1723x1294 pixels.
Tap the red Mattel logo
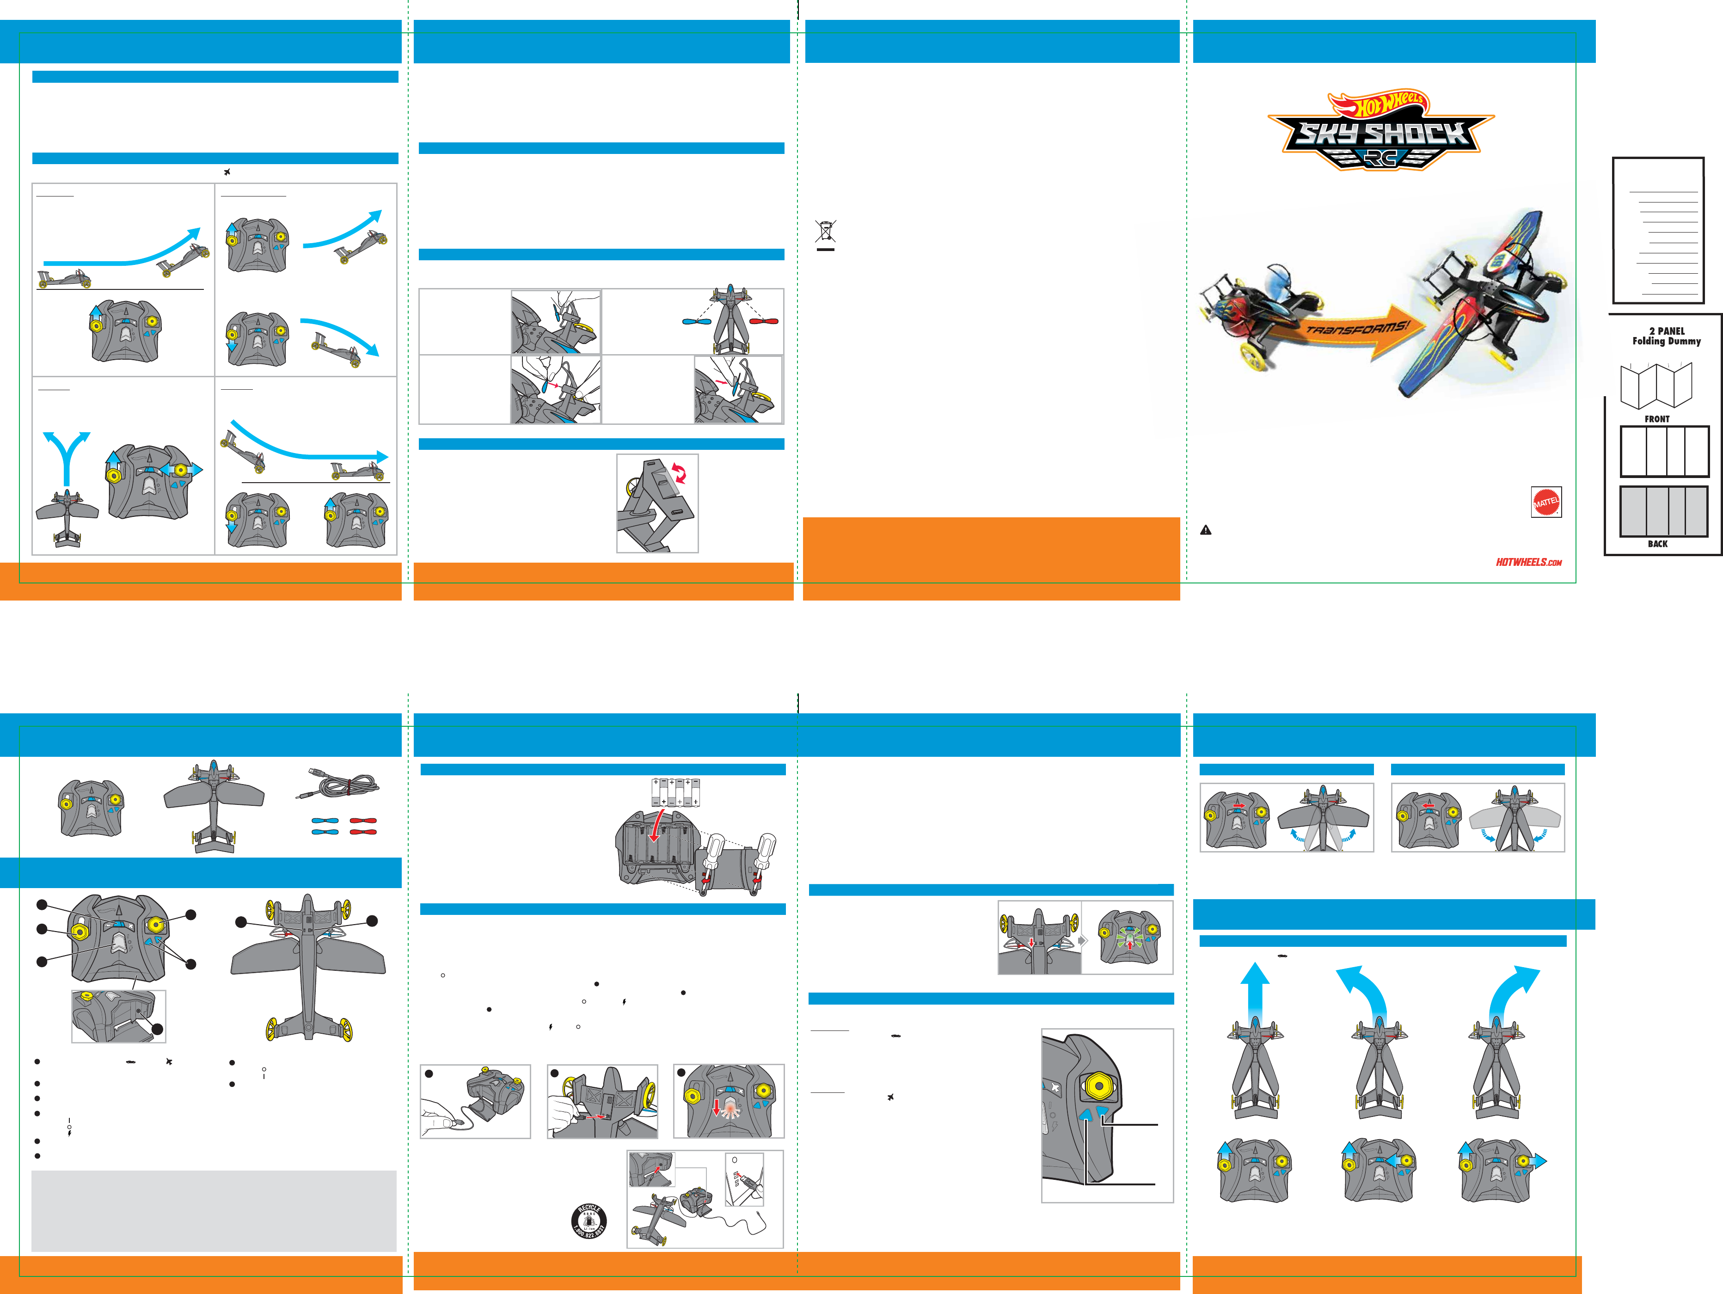pos(1546,503)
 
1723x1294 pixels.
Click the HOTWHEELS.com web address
pos(1528,562)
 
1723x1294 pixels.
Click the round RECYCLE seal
pos(589,1221)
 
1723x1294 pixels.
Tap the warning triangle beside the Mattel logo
pos(1206,530)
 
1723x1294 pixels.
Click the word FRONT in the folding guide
pos(1657,419)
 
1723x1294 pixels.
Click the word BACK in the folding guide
pos(1657,544)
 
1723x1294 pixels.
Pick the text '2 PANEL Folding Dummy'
pos(1666,336)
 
